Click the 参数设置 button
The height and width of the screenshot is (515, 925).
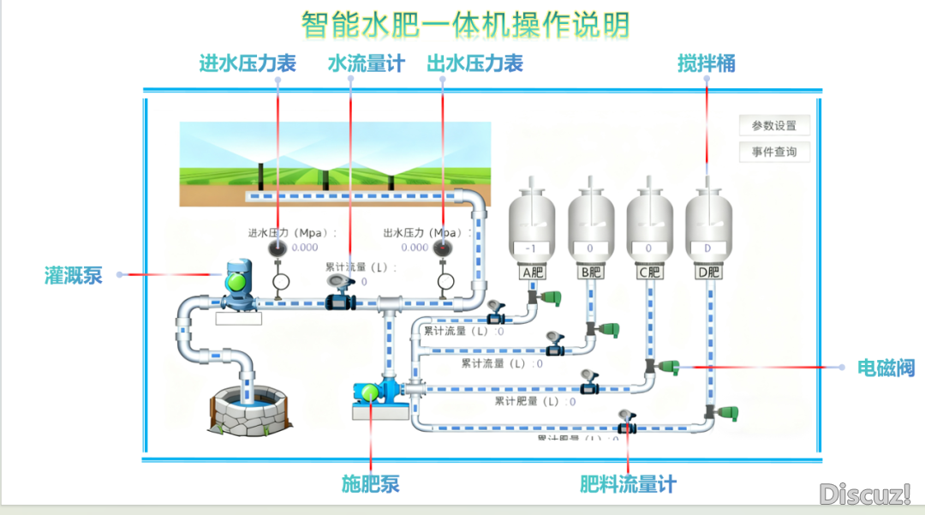click(774, 126)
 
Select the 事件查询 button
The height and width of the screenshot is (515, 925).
click(774, 153)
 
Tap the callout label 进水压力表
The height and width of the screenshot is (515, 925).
click(248, 63)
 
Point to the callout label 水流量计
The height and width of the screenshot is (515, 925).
click(366, 63)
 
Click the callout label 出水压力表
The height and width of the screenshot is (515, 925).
click(475, 63)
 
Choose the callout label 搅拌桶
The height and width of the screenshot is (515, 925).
click(707, 63)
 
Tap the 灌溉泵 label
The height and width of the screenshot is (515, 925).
click(74, 275)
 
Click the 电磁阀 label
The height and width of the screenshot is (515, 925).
click(886, 368)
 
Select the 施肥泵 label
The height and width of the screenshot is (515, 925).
click(371, 484)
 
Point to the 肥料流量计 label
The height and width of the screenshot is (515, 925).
click(628, 484)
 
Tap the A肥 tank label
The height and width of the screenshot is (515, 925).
click(533, 273)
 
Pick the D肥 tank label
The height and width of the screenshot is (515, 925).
click(707, 273)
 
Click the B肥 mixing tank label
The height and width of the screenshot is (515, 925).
click(592, 273)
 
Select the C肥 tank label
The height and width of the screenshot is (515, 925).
click(650, 273)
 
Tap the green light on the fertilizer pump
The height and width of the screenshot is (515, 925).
click(370, 392)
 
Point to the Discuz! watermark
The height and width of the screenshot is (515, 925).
click(863, 494)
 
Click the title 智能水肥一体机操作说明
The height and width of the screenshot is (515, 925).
click(466, 24)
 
